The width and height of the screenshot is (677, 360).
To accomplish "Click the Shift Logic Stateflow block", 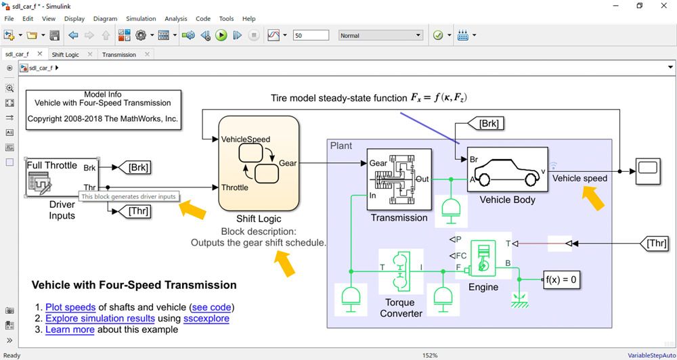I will point(259,163).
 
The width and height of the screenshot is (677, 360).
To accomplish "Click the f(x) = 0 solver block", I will point(562,279).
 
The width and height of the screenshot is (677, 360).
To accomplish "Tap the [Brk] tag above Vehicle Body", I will point(489,124).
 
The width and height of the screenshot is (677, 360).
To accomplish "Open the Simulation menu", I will point(141,19).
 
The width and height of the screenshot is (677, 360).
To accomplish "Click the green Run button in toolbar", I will point(221,35).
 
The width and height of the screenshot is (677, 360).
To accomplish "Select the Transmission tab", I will point(119,55).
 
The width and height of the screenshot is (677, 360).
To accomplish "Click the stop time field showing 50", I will point(311,35).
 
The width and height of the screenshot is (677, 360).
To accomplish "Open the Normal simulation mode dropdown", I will point(380,35).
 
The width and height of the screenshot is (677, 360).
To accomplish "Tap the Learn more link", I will point(70,330).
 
